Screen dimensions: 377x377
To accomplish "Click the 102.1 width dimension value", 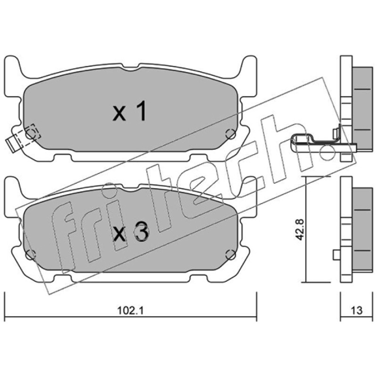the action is pos(131,311).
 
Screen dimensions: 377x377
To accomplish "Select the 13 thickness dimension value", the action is pos(356,311).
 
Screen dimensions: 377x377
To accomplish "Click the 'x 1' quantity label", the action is pos(130,111).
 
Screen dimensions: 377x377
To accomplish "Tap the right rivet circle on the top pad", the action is pos(230,134).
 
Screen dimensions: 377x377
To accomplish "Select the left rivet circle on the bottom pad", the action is pos(31,254).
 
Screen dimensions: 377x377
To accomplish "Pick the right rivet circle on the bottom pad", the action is pos(230,254).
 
